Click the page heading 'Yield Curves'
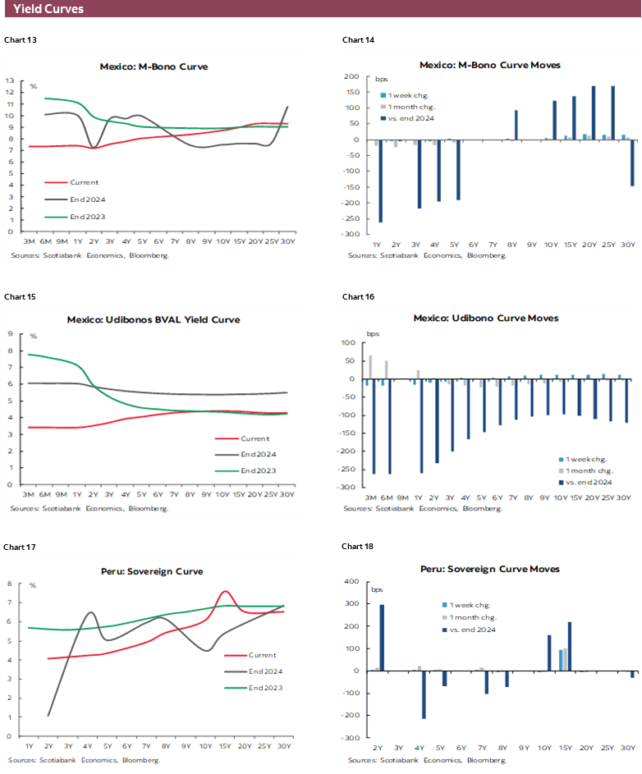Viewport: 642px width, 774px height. [x=48, y=9]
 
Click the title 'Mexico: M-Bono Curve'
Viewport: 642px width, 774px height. [x=154, y=66]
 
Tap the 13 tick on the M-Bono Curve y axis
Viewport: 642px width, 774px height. [x=10, y=81]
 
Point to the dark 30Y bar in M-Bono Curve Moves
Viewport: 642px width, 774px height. [x=632, y=163]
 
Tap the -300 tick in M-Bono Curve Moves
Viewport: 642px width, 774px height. [x=353, y=235]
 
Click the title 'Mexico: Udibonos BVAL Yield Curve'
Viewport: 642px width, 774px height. [x=154, y=319]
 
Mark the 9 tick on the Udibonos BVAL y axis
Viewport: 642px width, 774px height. [x=10, y=334]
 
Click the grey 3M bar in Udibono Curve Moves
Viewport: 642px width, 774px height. [x=370, y=368]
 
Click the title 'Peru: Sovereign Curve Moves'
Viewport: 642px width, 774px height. [x=490, y=569]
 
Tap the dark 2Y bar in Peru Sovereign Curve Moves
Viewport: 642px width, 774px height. [x=382, y=638]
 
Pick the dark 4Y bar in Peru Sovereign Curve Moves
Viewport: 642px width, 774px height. [x=424, y=694]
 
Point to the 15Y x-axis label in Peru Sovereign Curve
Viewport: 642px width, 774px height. [x=225, y=746]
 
